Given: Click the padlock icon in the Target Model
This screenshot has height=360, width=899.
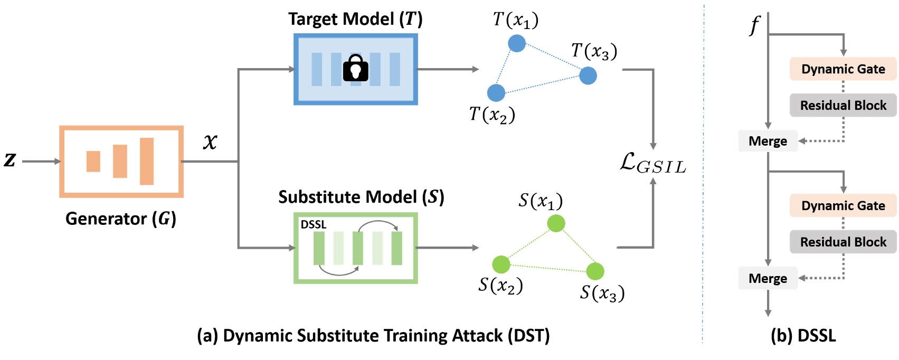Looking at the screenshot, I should coord(355,69).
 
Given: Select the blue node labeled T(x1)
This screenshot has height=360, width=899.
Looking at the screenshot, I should coord(517,43).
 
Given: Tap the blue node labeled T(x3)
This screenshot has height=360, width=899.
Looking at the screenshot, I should coord(588,75).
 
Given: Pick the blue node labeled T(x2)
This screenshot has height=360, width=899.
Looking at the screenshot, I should coord(496,93).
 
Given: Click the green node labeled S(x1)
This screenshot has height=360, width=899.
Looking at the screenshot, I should coord(556,223).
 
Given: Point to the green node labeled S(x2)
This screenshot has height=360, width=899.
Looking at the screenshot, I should coord(501,264).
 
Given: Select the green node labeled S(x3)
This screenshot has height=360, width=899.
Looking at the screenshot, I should coord(595,271).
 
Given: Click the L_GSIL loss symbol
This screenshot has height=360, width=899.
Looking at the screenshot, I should coord(652,164).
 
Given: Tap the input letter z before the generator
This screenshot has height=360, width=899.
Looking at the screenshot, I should coord(10,160).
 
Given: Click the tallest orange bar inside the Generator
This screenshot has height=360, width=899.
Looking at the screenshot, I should coord(147,161).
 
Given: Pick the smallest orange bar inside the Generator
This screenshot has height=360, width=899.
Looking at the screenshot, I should coord(93,161).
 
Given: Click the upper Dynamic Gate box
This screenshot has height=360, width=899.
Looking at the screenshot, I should coord(843,69).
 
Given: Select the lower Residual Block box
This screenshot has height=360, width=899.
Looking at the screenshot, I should coord(843,242).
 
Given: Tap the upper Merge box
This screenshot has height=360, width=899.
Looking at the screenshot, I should coord(768,141).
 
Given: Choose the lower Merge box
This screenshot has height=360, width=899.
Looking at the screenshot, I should coord(768,278).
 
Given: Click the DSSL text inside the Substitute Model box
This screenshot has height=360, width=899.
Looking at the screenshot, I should coord(313,224).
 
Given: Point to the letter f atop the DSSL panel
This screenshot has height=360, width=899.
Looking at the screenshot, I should coord(754,25).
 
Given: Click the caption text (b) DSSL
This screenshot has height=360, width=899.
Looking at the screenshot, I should coord(803,336).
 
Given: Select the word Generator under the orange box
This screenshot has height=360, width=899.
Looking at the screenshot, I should coord(106,219).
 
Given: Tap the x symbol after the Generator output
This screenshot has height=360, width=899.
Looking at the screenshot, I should coord(210,141).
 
